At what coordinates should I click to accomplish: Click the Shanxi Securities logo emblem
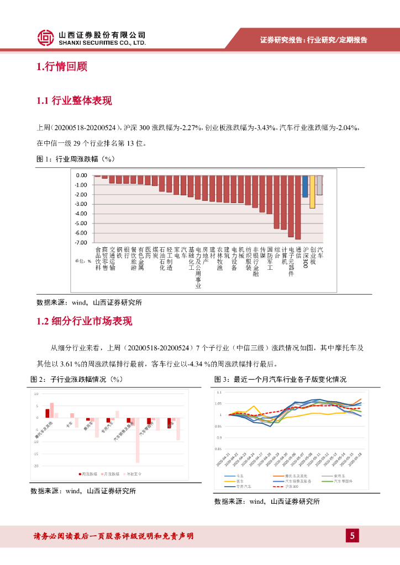coord(46,38)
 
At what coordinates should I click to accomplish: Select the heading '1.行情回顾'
coord(61,67)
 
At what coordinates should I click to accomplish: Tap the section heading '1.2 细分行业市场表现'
coord(85,321)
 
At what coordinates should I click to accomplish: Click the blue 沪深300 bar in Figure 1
coord(305,186)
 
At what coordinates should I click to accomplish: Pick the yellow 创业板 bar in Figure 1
coord(312,192)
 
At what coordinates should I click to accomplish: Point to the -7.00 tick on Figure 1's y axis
coord(81,243)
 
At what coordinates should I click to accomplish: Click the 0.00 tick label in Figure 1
coord(81,175)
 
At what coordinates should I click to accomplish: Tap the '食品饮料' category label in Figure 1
coord(98,258)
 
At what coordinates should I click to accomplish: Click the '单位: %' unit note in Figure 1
coord(83,261)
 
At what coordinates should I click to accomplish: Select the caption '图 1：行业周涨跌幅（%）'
coord(75,159)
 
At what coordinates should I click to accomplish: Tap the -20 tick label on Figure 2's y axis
coord(36,466)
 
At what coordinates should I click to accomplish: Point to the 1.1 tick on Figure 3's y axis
coord(219,392)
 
